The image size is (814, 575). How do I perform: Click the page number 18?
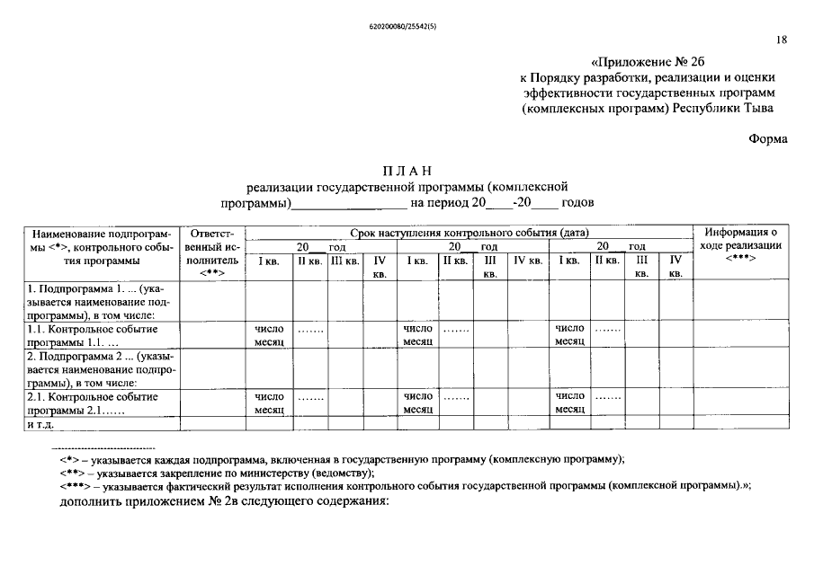(x=782, y=40)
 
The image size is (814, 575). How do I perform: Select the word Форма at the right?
(x=767, y=138)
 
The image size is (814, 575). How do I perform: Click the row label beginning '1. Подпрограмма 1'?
(x=94, y=302)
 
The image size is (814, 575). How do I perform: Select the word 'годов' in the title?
(x=577, y=203)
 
